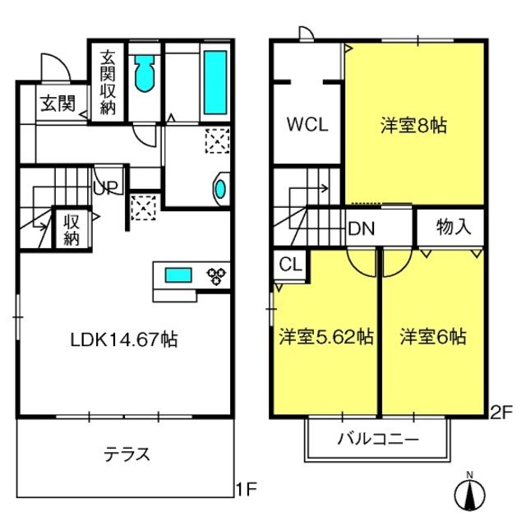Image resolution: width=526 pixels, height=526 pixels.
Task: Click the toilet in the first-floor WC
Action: (x=145, y=73)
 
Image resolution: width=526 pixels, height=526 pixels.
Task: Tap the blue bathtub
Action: (x=215, y=82)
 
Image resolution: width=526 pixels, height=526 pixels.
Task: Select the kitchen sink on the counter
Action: (x=178, y=275)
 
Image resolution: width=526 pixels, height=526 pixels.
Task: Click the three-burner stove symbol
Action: (x=216, y=277)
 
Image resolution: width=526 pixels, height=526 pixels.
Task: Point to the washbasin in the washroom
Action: (x=219, y=189)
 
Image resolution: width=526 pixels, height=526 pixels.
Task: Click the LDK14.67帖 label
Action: (x=124, y=339)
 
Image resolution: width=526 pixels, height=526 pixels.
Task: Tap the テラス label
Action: (x=127, y=454)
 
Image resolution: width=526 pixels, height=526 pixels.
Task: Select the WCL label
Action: (x=307, y=124)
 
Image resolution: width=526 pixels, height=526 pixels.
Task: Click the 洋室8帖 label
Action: (x=413, y=126)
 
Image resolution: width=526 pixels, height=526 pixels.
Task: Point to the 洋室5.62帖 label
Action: (x=326, y=336)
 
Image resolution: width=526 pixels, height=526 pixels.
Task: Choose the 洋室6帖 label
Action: (x=433, y=336)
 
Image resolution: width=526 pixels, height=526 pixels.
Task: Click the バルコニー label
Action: (x=378, y=439)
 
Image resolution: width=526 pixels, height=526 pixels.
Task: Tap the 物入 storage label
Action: (x=454, y=227)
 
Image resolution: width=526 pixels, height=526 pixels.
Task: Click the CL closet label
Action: (x=290, y=265)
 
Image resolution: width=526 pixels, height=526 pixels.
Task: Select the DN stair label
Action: (x=362, y=229)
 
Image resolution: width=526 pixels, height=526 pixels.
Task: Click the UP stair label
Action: (x=106, y=187)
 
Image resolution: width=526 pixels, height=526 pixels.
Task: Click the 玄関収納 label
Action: (x=108, y=82)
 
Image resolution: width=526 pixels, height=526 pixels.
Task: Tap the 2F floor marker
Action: (x=501, y=413)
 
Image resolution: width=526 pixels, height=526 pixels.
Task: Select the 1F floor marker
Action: (x=247, y=490)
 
